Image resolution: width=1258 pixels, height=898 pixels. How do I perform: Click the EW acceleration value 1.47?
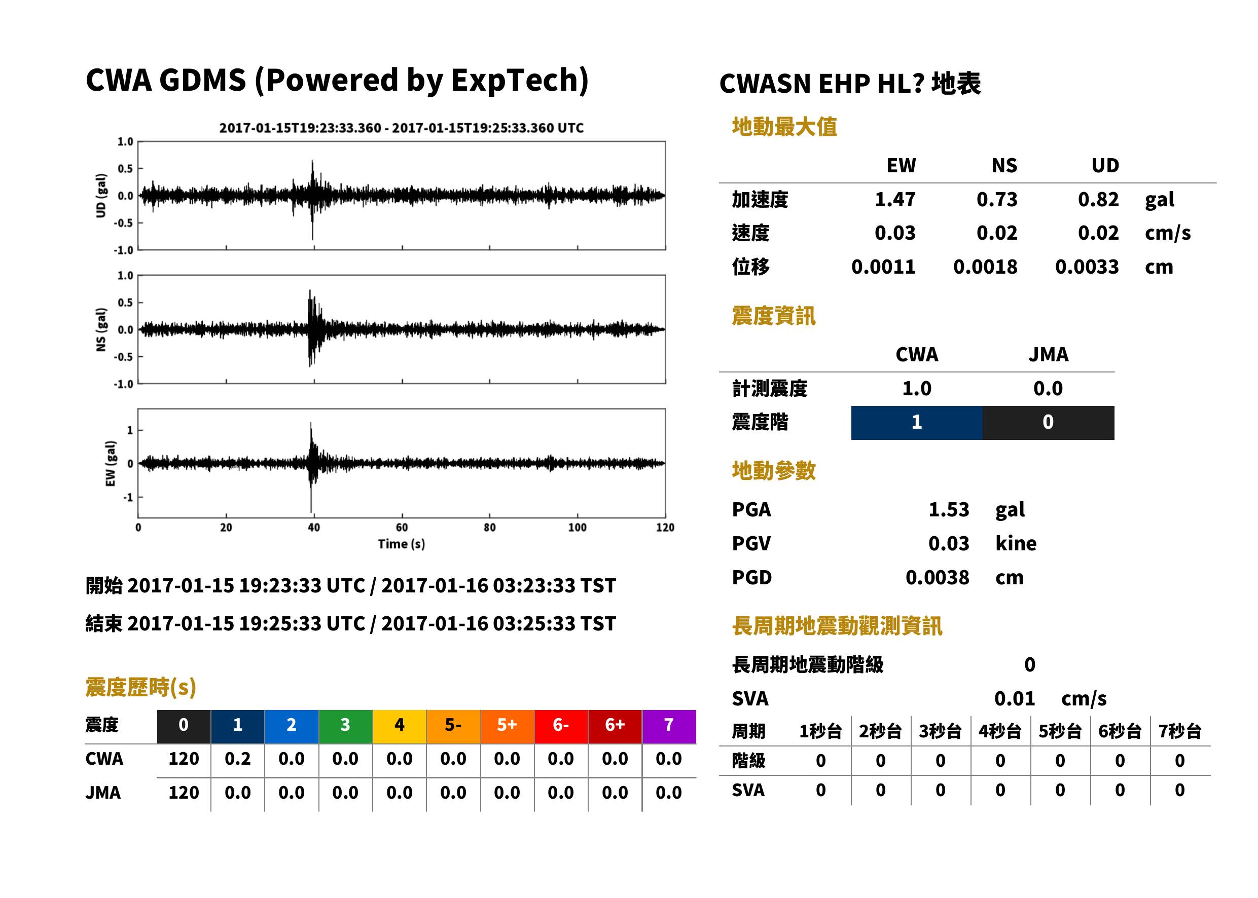point(894,200)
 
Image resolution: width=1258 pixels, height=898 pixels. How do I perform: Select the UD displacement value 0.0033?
point(1087,267)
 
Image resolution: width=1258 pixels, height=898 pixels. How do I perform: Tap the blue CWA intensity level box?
point(917,423)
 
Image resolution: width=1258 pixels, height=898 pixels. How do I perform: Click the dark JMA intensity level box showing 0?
point(1049,423)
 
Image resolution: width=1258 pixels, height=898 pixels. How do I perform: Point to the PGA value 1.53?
point(949,509)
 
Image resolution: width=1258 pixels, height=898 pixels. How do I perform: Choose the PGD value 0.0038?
point(937,577)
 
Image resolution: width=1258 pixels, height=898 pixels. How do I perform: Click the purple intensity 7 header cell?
point(669,726)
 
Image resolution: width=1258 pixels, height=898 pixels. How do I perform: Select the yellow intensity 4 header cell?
point(400,726)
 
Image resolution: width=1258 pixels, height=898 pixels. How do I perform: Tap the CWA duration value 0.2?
point(237,759)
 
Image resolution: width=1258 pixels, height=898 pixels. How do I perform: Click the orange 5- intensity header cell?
point(453,726)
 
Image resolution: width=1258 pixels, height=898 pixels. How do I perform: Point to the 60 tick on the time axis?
point(402,528)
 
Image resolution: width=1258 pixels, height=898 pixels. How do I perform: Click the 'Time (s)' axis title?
point(402,544)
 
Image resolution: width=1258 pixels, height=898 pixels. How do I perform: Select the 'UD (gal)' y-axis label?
point(101,195)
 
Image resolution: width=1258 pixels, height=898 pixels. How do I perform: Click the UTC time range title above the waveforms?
point(401,128)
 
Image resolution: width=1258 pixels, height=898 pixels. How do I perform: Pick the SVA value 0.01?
point(1014,698)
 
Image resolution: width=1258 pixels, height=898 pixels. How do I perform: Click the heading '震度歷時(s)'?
point(140,687)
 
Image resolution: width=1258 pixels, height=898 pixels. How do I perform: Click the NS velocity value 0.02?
point(997,233)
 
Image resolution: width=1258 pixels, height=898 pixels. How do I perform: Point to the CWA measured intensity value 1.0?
point(917,389)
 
